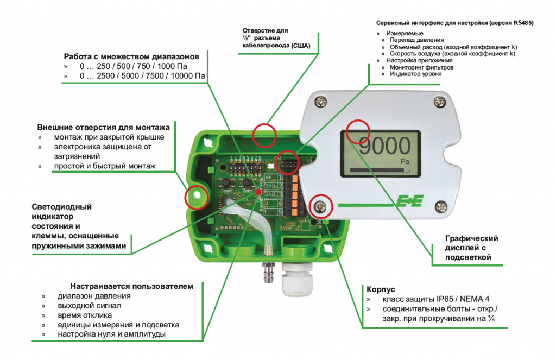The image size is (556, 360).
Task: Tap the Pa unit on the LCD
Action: coord(404,161)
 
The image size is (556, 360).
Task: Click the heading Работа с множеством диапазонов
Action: coord(135,56)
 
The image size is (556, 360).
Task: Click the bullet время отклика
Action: coord(85,315)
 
